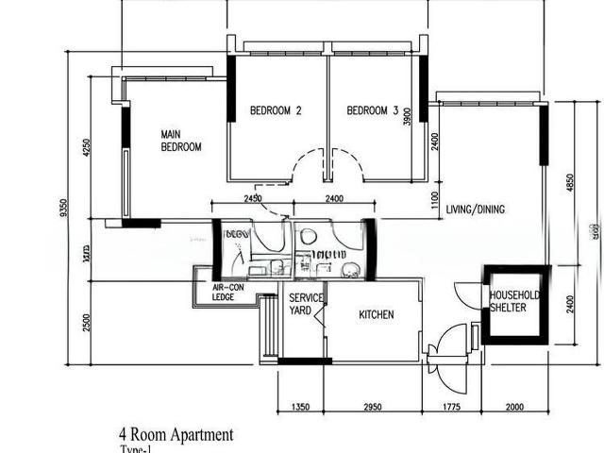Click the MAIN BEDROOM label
click(181, 141)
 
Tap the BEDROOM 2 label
click(276, 110)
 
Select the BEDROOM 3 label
click(373, 110)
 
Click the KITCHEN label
click(377, 314)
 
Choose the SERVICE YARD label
click(306, 304)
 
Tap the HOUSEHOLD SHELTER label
click(514, 301)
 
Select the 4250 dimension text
click(86, 148)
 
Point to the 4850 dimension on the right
click(569, 182)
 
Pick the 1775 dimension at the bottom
click(457, 408)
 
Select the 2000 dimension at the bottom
click(515, 408)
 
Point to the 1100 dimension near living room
click(434, 202)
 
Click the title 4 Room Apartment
click(176, 435)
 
